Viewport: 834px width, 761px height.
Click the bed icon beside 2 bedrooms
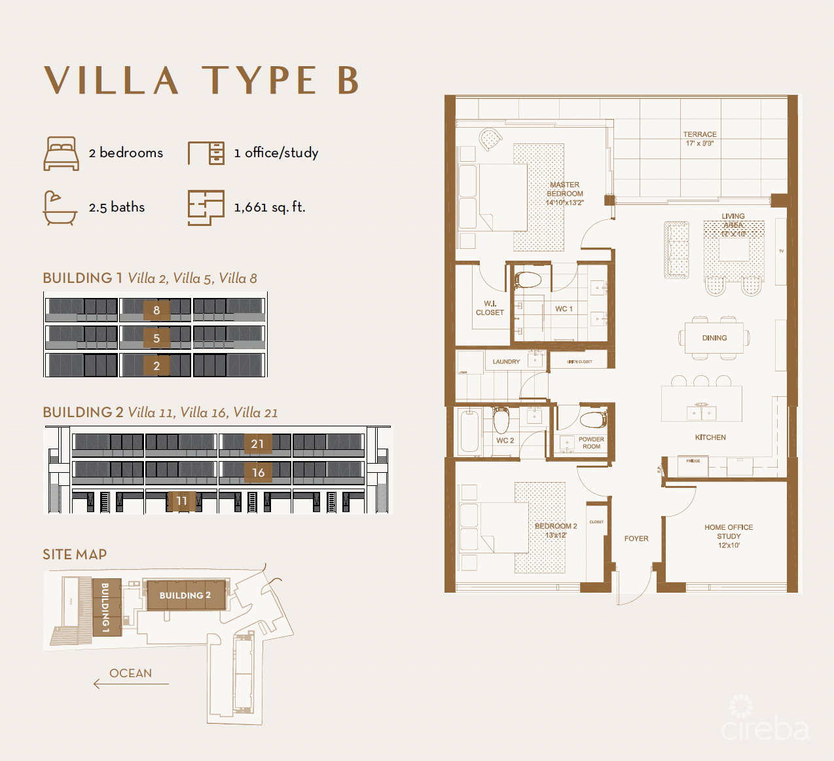click(62, 153)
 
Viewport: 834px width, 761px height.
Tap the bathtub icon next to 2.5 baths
click(60, 208)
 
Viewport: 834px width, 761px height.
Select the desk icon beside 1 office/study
click(206, 153)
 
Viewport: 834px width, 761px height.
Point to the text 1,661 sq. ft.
click(270, 208)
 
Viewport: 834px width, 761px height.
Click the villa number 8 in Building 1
click(156, 310)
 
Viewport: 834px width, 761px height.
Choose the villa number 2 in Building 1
click(156, 365)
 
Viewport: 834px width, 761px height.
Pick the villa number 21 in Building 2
click(257, 444)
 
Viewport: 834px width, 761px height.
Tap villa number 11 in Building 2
click(181, 501)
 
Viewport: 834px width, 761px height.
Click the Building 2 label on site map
click(185, 595)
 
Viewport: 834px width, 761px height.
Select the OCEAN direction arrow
click(131, 684)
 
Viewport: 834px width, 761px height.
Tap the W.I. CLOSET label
click(490, 308)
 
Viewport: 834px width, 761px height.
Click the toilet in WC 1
click(528, 280)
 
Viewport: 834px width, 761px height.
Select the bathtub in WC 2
click(469, 431)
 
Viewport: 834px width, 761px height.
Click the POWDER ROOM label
click(591, 443)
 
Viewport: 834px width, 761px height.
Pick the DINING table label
click(714, 338)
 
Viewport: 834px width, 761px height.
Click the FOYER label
click(636, 538)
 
